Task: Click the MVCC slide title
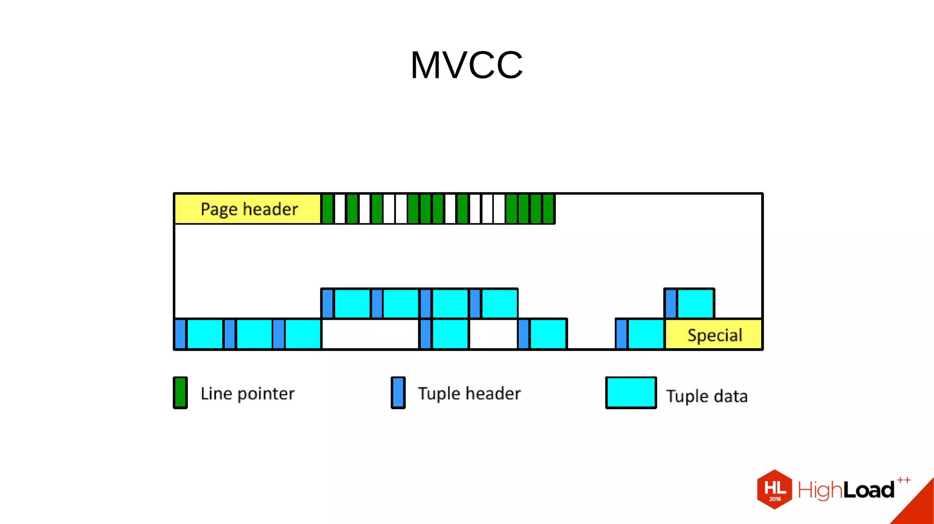pyautogui.click(x=467, y=65)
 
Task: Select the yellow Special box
pyautogui.click(x=714, y=335)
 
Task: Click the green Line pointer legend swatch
pyautogui.click(x=180, y=393)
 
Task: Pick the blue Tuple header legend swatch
pyautogui.click(x=398, y=393)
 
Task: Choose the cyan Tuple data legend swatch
pyautogui.click(x=631, y=393)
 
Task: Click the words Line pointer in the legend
pyautogui.click(x=248, y=394)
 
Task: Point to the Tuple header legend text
pyautogui.click(x=469, y=394)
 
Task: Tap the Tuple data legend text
pyautogui.click(x=707, y=396)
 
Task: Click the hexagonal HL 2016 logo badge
pyautogui.click(x=774, y=489)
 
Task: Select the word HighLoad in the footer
pyautogui.click(x=846, y=490)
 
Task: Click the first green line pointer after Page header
pyautogui.click(x=327, y=209)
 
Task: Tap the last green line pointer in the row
pyautogui.click(x=548, y=209)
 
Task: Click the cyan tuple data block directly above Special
pyautogui.click(x=695, y=303)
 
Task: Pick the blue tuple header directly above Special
pyautogui.click(x=670, y=303)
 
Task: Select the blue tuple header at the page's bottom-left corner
pyautogui.click(x=181, y=334)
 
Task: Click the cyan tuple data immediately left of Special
pyautogui.click(x=646, y=334)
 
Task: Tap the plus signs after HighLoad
pyautogui.click(x=904, y=480)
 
